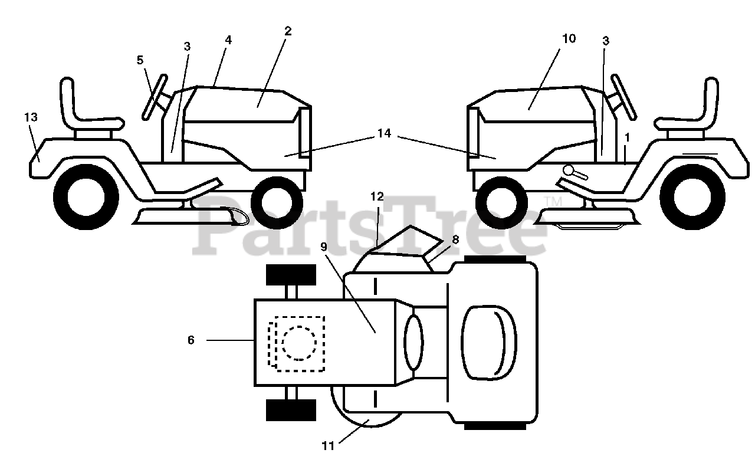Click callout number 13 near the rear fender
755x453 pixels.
31,117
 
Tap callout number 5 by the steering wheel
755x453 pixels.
140,60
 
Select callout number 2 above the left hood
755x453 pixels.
287,31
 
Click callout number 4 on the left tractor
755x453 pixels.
228,40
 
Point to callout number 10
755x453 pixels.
569,39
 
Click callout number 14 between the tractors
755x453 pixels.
384,133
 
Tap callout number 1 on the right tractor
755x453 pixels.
627,137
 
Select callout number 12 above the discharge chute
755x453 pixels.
377,196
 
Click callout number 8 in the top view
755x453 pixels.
455,239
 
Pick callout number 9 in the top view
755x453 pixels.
324,247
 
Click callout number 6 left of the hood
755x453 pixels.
191,340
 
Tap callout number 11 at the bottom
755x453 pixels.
328,446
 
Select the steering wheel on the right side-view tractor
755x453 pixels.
623,97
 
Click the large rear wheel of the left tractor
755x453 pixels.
86,197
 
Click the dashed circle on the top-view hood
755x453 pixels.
299,343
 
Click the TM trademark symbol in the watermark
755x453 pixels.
553,202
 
